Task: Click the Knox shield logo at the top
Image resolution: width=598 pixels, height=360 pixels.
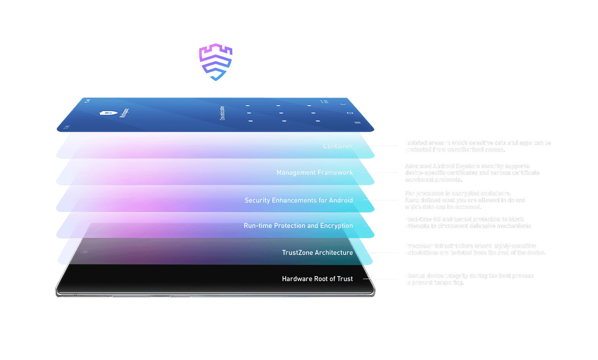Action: [x=216, y=62]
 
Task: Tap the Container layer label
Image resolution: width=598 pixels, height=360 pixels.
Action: [x=338, y=146]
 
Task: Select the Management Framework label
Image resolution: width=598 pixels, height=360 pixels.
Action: [x=314, y=173]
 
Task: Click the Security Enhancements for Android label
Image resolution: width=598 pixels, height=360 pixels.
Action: [x=299, y=200]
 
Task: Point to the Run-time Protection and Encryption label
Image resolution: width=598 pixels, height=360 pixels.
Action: [x=298, y=226]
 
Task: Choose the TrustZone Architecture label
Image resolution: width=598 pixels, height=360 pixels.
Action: [x=317, y=252]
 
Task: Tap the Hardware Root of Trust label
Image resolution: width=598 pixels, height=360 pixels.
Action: [x=317, y=279]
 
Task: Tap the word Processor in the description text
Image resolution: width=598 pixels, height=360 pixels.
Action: [x=419, y=246]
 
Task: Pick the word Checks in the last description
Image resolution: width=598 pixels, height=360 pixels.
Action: [x=415, y=276]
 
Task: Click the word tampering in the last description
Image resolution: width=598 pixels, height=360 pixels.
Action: [x=449, y=283]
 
